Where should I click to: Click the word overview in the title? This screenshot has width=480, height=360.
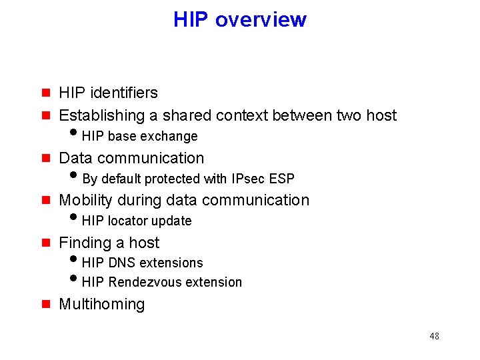[261, 19]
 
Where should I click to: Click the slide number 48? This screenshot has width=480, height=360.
[434, 336]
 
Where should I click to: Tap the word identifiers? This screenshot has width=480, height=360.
[126, 93]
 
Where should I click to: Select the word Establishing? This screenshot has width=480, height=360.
[102, 115]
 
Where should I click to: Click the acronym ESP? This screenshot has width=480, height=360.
[282, 179]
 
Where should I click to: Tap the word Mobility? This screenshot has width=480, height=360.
[87, 200]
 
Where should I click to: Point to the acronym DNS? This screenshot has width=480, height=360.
[122, 263]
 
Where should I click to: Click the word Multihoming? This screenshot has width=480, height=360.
[102, 304]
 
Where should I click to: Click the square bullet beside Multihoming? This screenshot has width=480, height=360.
[46, 304]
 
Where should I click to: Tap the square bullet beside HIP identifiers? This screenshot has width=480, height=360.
[46, 93]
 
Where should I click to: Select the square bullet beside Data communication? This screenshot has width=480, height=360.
[46, 158]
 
